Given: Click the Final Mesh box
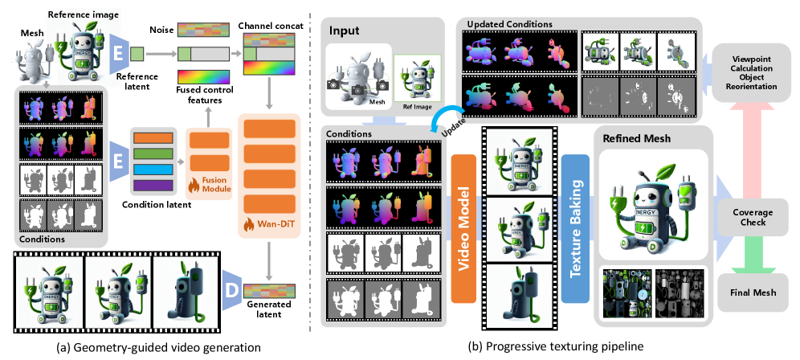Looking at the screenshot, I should click(754, 292).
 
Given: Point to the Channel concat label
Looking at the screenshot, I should click(270, 27).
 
